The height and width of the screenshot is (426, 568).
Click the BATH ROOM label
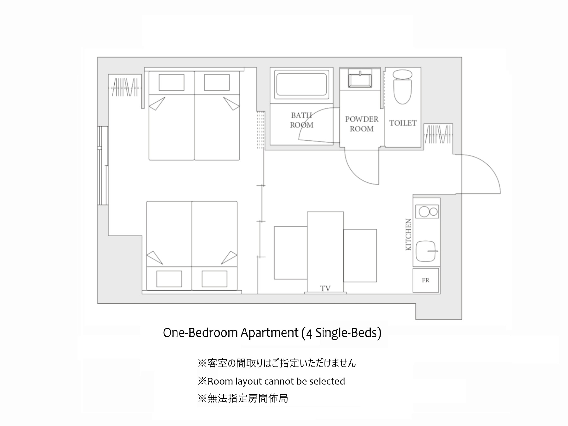coord(301,120)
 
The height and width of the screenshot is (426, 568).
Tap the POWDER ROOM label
coord(362,124)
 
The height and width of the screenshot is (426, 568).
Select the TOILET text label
coord(403,123)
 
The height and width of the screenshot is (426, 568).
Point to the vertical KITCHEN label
coord(408,235)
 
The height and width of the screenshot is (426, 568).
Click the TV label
coord(325,288)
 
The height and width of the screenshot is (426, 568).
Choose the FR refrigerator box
coord(426,280)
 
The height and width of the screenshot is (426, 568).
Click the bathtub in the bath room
coord(301,85)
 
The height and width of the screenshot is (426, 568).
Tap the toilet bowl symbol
coord(402,87)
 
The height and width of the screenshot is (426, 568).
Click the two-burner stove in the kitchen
coord(428,211)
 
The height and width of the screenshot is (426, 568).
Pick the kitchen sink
coord(426,251)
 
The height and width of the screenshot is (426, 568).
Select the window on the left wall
coord(103,166)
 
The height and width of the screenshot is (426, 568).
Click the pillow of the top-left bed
coord(172,82)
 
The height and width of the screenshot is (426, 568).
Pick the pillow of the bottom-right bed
coord(214,279)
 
